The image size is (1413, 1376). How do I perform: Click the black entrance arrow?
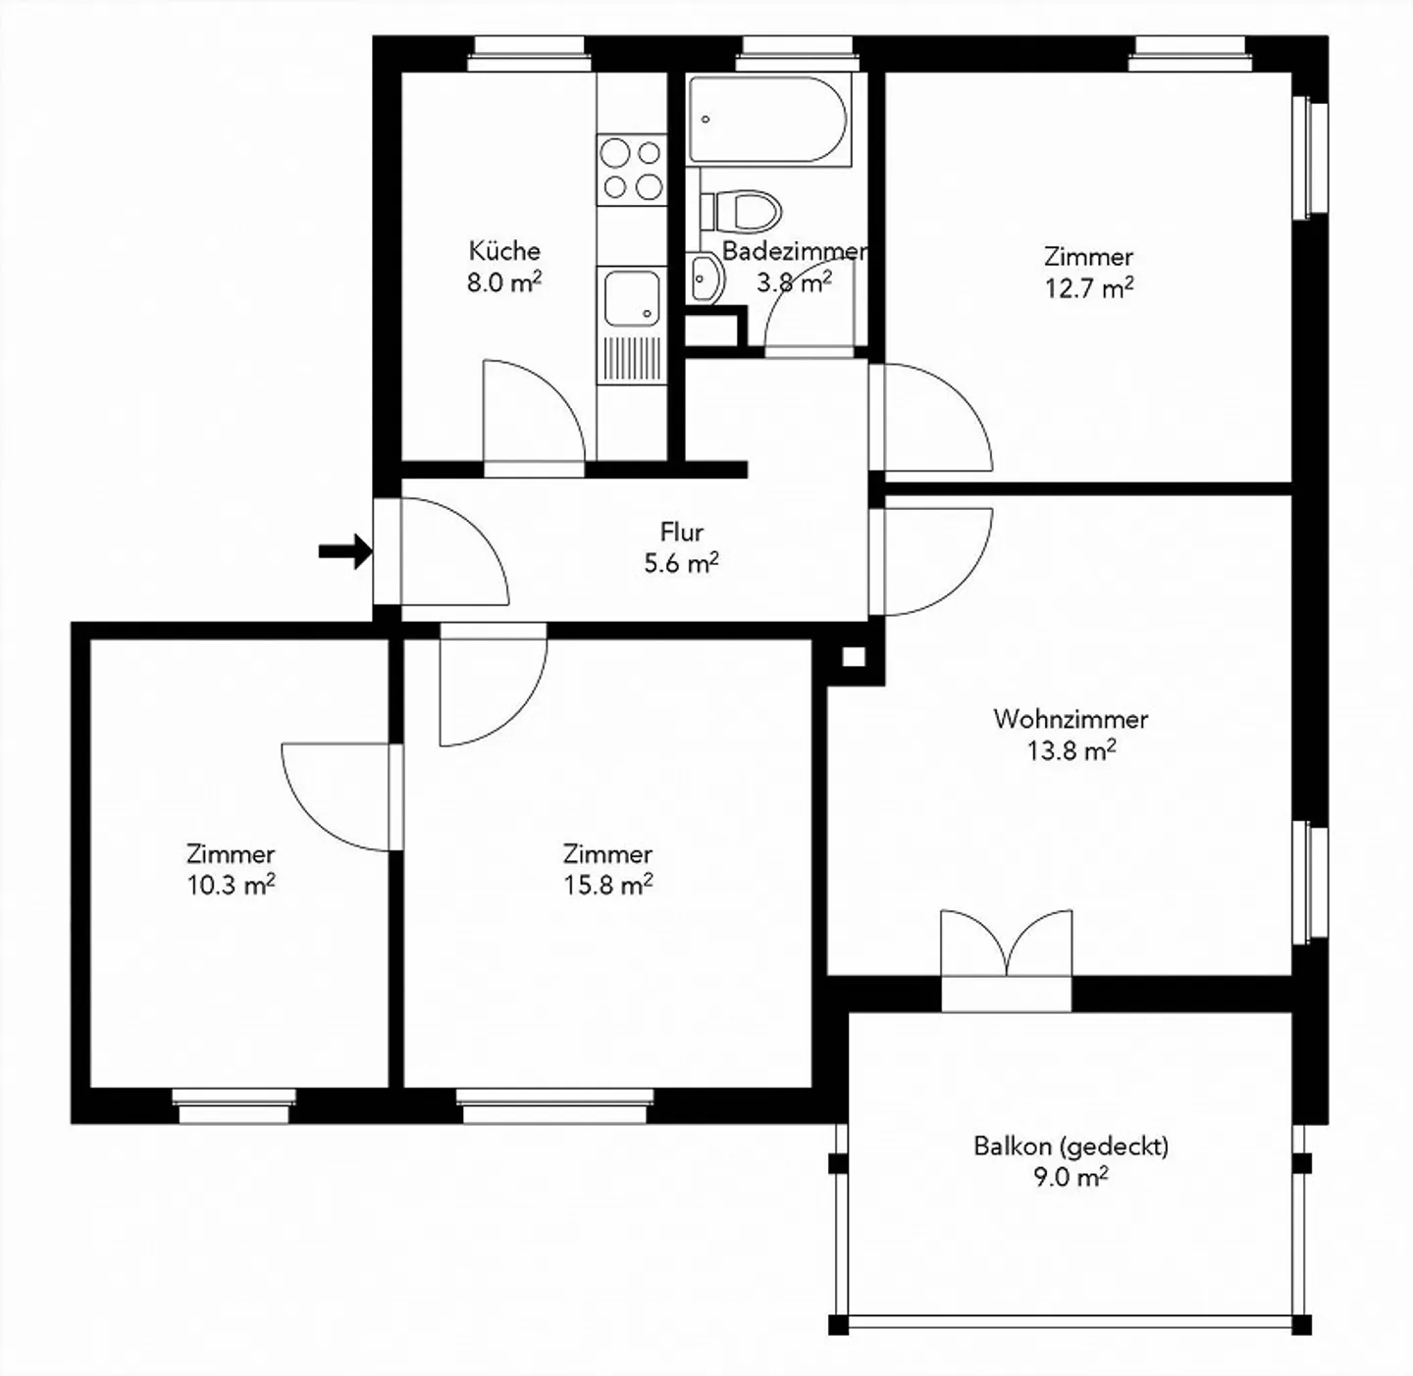pyautogui.click(x=344, y=551)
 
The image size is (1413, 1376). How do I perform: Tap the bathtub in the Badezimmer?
pyautogui.click(x=766, y=120)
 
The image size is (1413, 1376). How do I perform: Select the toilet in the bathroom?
pyautogui.click(x=748, y=209)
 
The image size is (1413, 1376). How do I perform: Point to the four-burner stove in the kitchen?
pyautogui.click(x=631, y=169)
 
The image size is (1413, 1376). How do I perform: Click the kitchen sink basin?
pyautogui.click(x=630, y=298)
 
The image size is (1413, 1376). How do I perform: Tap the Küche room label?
pyautogui.click(x=504, y=250)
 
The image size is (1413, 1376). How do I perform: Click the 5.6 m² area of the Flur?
pyautogui.click(x=681, y=564)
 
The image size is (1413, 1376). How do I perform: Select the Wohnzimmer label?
pyautogui.click(x=1070, y=719)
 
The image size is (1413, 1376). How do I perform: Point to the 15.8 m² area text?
pyautogui.click(x=607, y=885)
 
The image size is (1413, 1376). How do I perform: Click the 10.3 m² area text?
pyautogui.click(x=231, y=885)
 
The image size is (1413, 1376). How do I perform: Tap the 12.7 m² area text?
pyautogui.click(x=1088, y=288)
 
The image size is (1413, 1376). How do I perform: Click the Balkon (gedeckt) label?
pyautogui.click(x=1071, y=1146)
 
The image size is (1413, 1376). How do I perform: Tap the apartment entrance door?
pyautogui.click(x=442, y=551)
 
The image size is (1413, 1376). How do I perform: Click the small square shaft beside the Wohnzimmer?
pyautogui.click(x=854, y=657)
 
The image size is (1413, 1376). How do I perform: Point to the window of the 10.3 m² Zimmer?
pyautogui.click(x=235, y=1105)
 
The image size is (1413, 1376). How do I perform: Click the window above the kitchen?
pyautogui.click(x=530, y=54)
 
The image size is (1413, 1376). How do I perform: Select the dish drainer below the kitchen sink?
pyautogui.click(x=630, y=359)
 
